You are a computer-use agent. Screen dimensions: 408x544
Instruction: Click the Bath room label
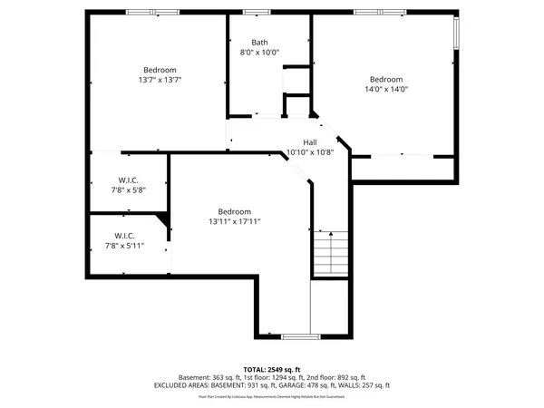point(259,42)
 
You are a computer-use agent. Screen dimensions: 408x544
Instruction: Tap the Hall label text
point(310,142)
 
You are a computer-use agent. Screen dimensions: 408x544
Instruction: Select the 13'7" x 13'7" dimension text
point(160,80)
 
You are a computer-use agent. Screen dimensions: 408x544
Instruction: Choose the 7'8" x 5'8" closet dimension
point(127,189)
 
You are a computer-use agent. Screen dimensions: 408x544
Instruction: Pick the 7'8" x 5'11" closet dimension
point(125,245)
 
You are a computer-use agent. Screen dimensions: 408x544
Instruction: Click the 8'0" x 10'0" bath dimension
point(259,52)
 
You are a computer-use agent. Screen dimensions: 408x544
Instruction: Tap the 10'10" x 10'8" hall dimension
point(310,152)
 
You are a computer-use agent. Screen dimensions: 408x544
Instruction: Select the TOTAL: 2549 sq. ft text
point(272,370)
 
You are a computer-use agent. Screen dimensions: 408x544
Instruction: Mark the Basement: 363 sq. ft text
point(210,377)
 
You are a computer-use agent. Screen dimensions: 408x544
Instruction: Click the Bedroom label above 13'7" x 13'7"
point(160,70)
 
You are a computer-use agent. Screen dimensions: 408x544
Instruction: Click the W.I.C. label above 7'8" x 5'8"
point(127,180)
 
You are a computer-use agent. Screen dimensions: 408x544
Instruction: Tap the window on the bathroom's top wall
point(257,12)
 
